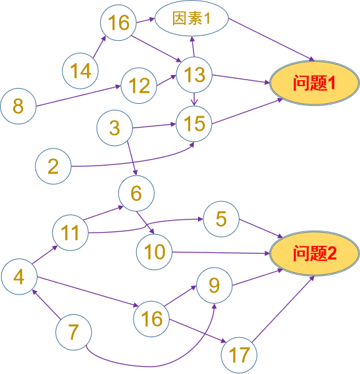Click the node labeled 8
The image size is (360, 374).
18,106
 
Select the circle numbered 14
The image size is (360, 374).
80,71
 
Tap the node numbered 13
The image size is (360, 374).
194,75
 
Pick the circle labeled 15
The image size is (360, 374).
194,124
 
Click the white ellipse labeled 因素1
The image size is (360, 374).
192,18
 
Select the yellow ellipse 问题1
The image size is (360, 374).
315,83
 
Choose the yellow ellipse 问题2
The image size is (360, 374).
315,253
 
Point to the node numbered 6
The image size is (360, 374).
136,193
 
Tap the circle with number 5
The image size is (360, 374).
221,219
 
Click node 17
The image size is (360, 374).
239,355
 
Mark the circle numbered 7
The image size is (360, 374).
74,332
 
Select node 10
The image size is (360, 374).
154,252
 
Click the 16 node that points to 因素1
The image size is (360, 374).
118,22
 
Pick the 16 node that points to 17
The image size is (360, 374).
151,319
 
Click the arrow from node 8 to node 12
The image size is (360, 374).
78,96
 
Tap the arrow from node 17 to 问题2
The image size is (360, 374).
283,309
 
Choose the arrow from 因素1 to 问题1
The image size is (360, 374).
271,39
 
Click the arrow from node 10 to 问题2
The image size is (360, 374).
221,253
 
